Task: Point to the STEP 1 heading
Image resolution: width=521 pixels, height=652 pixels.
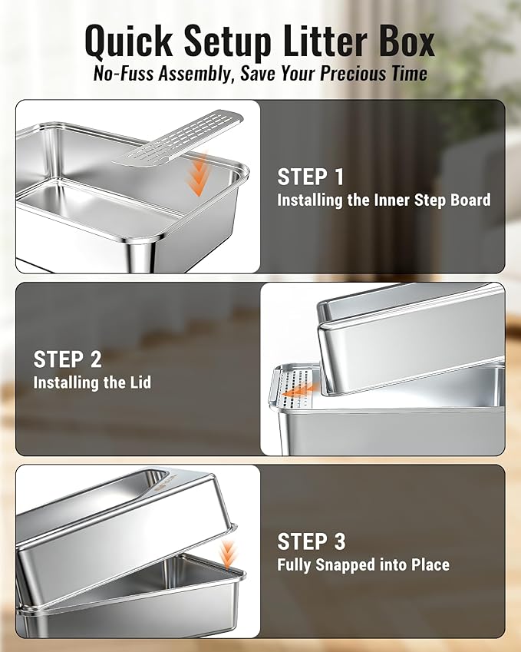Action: [x=311, y=177]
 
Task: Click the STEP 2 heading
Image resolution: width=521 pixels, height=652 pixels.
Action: [x=68, y=359]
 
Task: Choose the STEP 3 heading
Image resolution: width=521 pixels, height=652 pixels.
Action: [x=312, y=541]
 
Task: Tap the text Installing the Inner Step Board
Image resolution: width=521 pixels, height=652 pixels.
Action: [x=384, y=200]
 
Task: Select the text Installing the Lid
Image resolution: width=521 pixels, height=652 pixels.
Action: [x=92, y=382]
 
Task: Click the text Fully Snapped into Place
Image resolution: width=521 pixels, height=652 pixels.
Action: [x=363, y=565]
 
